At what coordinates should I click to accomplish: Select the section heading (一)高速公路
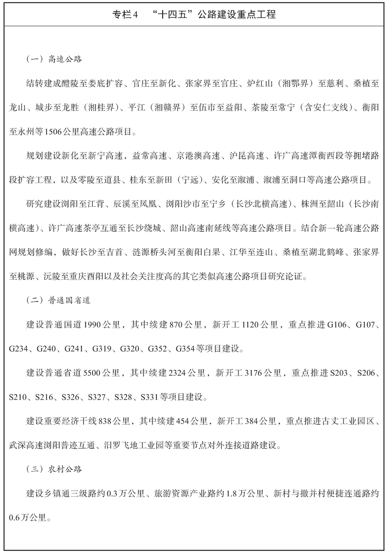click(54, 60)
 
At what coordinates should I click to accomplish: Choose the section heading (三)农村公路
click(54, 468)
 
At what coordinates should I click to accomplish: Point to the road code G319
click(103, 349)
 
